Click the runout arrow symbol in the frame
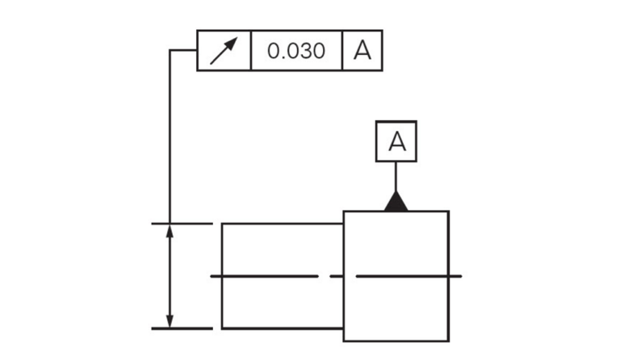coord(224,51)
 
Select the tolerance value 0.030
coord(296,51)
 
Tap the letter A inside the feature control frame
coord(362,51)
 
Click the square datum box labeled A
coord(396,141)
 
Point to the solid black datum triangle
coord(396,202)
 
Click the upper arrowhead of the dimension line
coord(170,231)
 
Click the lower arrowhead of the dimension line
coord(170,321)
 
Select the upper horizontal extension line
coord(182,224)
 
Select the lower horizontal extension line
coord(182,329)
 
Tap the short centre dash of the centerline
coord(336,276)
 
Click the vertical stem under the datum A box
coord(396,177)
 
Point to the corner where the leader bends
coord(170,50)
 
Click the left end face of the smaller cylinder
coord(222,276)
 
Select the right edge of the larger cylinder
coord(448,276)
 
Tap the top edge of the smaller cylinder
coord(283,224)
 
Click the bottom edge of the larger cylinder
coord(396,341)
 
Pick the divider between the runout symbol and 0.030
coord(251,51)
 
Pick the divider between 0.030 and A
coord(342,51)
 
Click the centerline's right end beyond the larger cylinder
coord(461,276)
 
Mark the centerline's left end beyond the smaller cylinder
coord(212,276)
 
